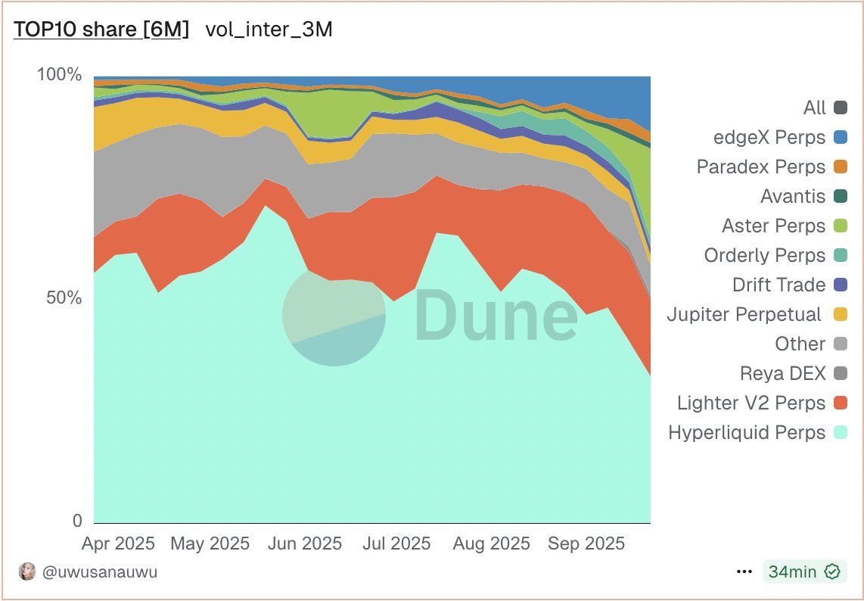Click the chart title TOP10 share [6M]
(101, 30)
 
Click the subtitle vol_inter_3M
(269, 30)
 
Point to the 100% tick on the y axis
(59, 75)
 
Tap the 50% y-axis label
(64, 297)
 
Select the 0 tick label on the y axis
(76, 521)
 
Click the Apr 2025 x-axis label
(117, 543)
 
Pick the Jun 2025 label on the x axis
(305, 543)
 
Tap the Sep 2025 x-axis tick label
(586, 543)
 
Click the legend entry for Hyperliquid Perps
(747, 433)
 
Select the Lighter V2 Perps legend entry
(751, 403)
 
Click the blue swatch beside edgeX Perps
(840, 138)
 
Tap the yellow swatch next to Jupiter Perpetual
(840, 314)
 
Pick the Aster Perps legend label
(773, 226)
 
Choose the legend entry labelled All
(814, 108)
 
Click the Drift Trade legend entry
(779, 285)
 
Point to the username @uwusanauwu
(100, 571)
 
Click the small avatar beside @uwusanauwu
(27, 571)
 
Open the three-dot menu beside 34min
(744, 571)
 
